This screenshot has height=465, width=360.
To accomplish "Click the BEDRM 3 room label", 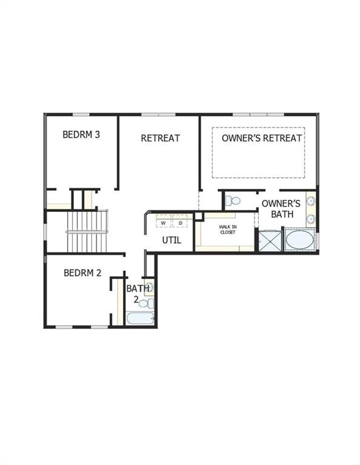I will click(81, 134).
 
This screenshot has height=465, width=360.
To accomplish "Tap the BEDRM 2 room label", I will click(82, 273).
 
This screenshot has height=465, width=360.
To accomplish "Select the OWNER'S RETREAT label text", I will click(262, 138).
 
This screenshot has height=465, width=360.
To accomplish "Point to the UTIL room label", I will click(172, 240).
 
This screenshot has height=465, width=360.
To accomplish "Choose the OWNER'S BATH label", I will click(281, 208).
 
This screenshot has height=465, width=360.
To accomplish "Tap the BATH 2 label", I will click(135, 294).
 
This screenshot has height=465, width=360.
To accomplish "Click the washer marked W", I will click(163, 223).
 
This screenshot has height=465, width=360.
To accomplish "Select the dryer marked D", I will click(180, 223).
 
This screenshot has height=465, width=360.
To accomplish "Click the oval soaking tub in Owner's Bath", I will click(300, 240).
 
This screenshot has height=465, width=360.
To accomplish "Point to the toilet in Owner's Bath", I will click(233, 200).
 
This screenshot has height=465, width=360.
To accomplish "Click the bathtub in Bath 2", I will click(140, 318).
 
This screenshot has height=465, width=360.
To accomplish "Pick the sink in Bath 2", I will click(149, 287).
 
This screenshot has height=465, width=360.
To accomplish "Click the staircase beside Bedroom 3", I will click(87, 231).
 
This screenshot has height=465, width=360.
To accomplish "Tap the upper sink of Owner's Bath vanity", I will click(311, 202).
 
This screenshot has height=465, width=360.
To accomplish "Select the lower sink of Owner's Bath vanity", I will click(311, 218).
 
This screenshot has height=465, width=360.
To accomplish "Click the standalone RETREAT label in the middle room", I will click(160, 138).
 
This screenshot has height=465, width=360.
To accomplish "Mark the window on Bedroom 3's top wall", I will click(81, 114).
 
